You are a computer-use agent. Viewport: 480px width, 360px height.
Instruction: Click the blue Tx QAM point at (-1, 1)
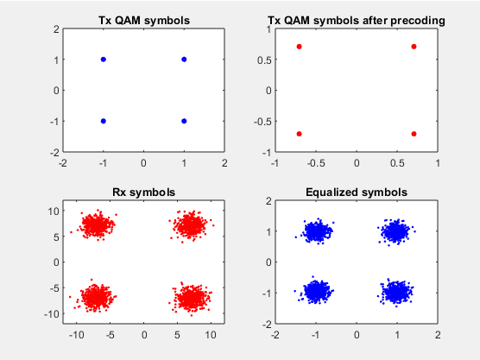[x=104, y=60]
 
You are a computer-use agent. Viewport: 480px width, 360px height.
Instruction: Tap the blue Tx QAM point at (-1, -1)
[x=104, y=121]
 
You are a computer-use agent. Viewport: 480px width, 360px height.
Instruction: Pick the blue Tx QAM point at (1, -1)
[x=184, y=121]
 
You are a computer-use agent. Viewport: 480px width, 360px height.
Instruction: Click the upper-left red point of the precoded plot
[x=300, y=47]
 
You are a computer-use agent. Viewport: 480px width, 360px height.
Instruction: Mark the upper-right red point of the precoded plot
[x=414, y=47]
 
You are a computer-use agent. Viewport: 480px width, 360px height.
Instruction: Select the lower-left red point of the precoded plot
[x=300, y=134]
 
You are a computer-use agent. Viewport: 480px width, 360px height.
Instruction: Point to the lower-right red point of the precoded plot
[x=414, y=134]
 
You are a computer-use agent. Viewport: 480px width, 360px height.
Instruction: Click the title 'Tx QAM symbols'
[x=144, y=21]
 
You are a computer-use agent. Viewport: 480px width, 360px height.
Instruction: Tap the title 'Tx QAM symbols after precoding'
[x=357, y=21]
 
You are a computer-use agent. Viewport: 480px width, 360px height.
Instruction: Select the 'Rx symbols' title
[x=144, y=193]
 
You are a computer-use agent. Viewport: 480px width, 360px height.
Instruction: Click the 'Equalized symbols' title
[x=357, y=193]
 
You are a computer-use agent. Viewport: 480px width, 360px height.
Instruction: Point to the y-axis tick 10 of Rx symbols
[x=54, y=211]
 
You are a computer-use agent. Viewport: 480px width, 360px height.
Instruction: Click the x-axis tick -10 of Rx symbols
[x=77, y=335]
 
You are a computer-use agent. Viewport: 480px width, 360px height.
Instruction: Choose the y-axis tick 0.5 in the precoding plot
[x=265, y=60]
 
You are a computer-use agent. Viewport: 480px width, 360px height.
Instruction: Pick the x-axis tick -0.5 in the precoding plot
[x=316, y=163]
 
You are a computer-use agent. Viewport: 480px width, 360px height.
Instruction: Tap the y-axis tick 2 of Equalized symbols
[x=268, y=201]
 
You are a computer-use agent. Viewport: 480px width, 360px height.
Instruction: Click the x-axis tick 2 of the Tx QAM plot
[x=224, y=163]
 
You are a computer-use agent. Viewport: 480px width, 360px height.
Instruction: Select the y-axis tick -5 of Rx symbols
[x=54, y=288]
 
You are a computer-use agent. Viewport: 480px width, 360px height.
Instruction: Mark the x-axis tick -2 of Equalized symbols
[x=275, y=335]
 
